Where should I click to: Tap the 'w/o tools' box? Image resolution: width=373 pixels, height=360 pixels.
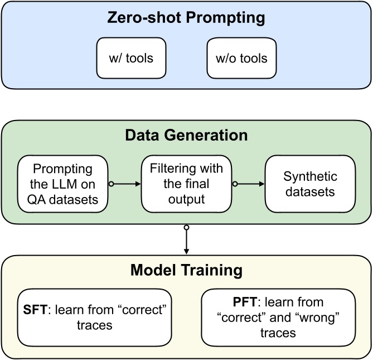pyautogui.click(x=241, y=58)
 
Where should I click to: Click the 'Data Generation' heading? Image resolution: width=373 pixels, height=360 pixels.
pyautogui.click(x=186, y=136)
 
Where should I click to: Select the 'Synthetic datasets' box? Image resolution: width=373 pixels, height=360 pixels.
pyautogui.click(x=310, y=183)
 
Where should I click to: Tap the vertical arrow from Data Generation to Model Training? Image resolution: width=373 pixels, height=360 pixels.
pyautogui.click(x=186, y=240)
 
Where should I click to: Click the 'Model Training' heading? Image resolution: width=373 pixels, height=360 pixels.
pyautogui.click(x=186, y=271)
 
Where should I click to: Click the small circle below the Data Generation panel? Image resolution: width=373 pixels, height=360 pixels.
pyautogui.click(x=186, y=227)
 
